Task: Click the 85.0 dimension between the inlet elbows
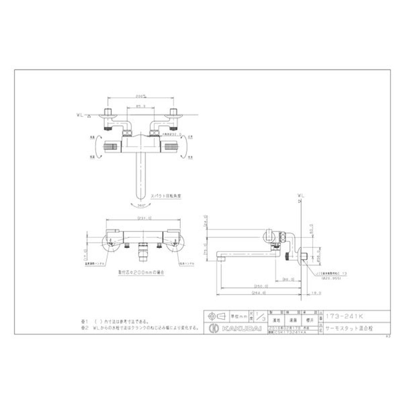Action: (141, 106)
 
